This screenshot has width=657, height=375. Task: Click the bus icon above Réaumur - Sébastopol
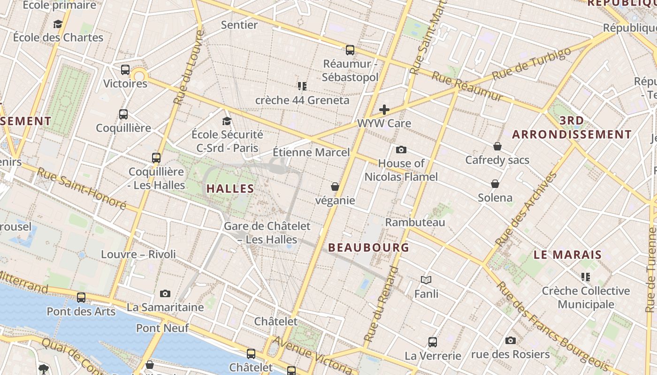350,50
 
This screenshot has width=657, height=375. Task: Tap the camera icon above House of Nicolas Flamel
401,150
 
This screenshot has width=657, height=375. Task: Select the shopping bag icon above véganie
335,187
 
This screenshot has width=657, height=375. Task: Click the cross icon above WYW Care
384,110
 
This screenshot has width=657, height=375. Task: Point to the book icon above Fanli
426,280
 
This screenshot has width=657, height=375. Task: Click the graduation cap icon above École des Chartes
58,24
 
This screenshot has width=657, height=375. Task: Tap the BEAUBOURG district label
368,247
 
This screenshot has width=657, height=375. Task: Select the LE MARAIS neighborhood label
567,255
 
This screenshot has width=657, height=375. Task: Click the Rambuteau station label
415,222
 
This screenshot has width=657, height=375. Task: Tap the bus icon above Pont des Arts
81,298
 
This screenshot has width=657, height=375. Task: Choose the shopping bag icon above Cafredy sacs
497,147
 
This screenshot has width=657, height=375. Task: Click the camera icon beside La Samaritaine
165,294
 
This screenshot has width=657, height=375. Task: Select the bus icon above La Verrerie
433,342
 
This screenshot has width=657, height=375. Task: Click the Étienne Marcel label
311,152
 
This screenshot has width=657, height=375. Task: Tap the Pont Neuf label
162,328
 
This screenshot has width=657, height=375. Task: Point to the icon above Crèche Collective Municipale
585,277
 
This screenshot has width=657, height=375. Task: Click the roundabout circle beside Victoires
139,76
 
